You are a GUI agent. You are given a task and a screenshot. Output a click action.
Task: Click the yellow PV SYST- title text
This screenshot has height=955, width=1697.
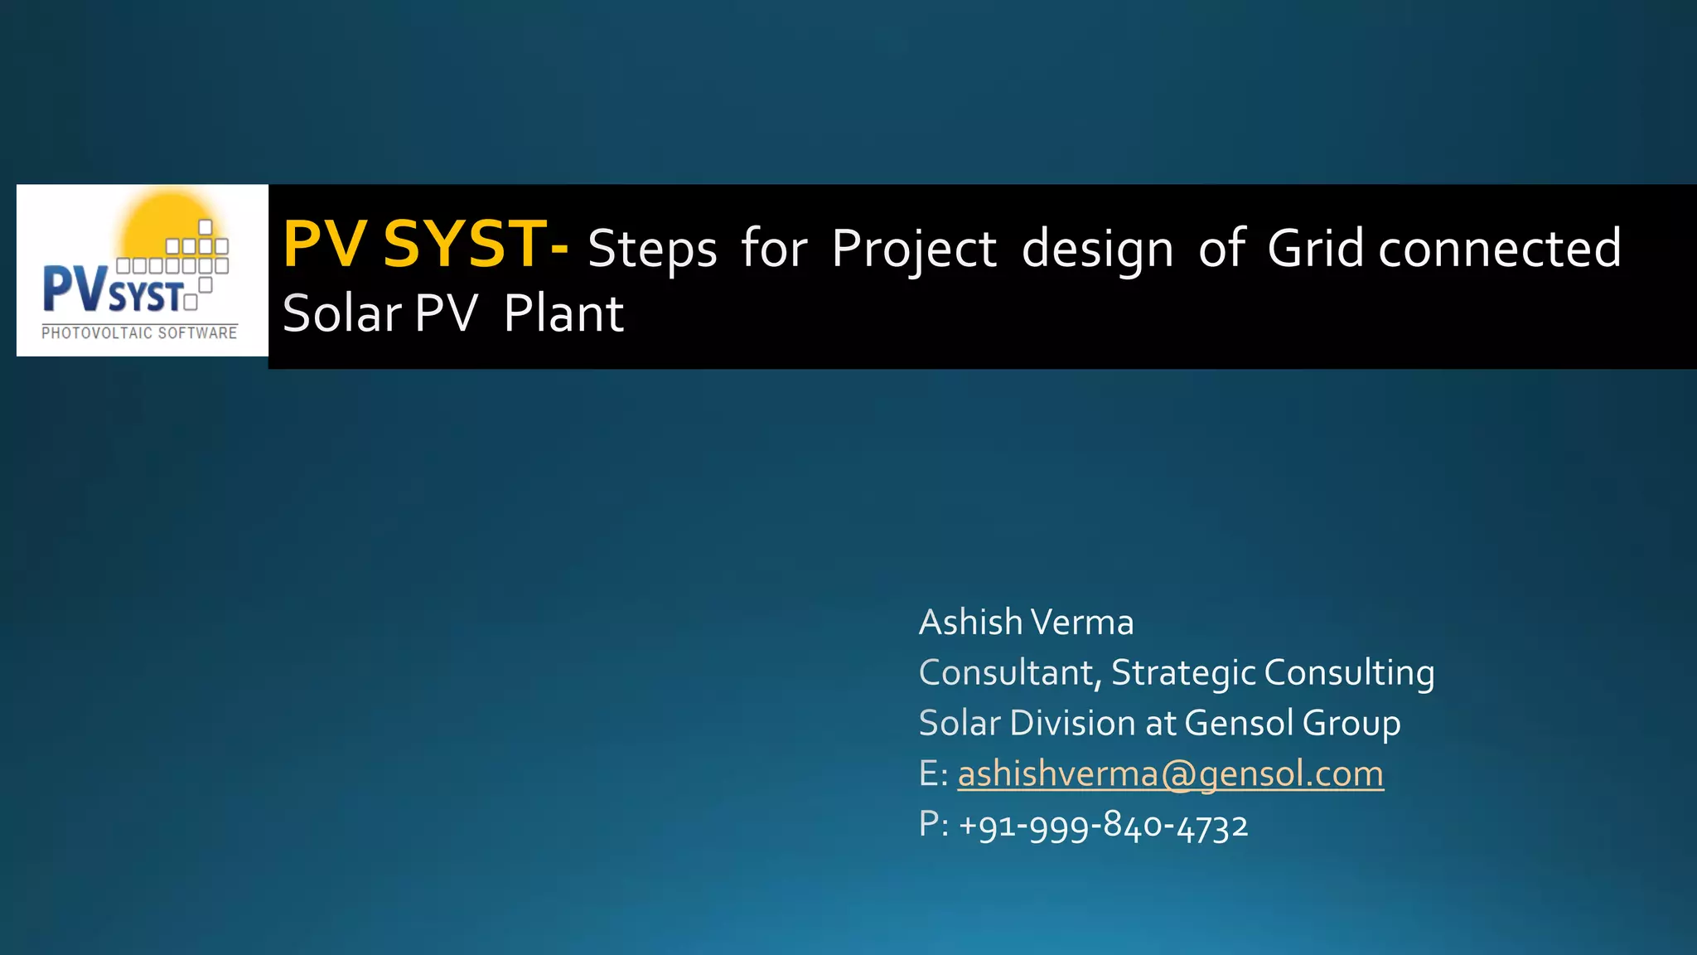[x=425, y=245]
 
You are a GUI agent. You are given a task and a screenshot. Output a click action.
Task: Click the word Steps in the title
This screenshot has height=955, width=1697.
[x=652, y=249]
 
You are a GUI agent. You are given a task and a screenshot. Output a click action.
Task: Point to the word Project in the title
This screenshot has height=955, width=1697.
[x=914, y=249]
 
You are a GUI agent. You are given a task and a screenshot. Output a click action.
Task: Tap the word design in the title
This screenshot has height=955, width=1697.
[x=1097, y=249]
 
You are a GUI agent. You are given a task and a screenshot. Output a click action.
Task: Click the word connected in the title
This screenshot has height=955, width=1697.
[x=1499, y=248]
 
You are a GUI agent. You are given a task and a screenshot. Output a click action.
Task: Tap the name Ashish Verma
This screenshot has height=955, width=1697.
[x=1026, y=623]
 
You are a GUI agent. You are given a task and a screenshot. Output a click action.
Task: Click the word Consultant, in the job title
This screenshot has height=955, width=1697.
[x=1010, y=673]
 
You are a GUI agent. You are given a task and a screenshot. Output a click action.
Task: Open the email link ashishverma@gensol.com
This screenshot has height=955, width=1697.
[x=1170, y=774]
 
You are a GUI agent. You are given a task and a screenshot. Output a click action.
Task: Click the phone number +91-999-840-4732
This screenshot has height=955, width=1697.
[x=1103, y=826]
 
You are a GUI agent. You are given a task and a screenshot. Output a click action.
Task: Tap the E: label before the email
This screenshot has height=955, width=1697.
[x=933, y=774]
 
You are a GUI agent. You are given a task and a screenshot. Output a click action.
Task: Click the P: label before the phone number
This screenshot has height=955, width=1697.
[x=933, y=826]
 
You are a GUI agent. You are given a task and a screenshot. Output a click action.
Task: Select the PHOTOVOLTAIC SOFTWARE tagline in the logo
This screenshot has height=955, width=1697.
[x=139, y=333]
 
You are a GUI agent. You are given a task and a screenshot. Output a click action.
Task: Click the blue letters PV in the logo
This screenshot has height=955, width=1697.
[x=75, y=288]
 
